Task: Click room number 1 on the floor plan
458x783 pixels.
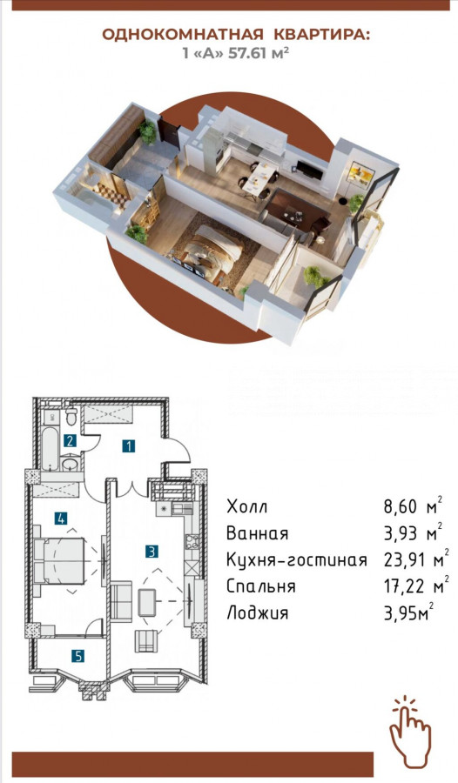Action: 129,445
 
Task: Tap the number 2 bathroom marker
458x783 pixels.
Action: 70,440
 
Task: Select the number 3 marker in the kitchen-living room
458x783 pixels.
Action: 152,552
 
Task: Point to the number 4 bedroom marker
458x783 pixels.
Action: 61,519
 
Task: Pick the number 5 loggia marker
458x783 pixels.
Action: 78,656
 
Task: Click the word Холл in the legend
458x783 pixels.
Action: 247,506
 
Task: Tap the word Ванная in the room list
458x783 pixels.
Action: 258,532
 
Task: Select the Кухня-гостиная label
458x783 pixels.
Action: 297,559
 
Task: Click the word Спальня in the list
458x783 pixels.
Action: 261,586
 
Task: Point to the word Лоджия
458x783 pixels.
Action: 258,612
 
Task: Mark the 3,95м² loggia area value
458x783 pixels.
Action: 408,612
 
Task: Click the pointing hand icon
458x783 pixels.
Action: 409,731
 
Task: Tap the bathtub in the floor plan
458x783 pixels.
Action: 50,448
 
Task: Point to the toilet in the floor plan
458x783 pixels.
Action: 71,416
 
